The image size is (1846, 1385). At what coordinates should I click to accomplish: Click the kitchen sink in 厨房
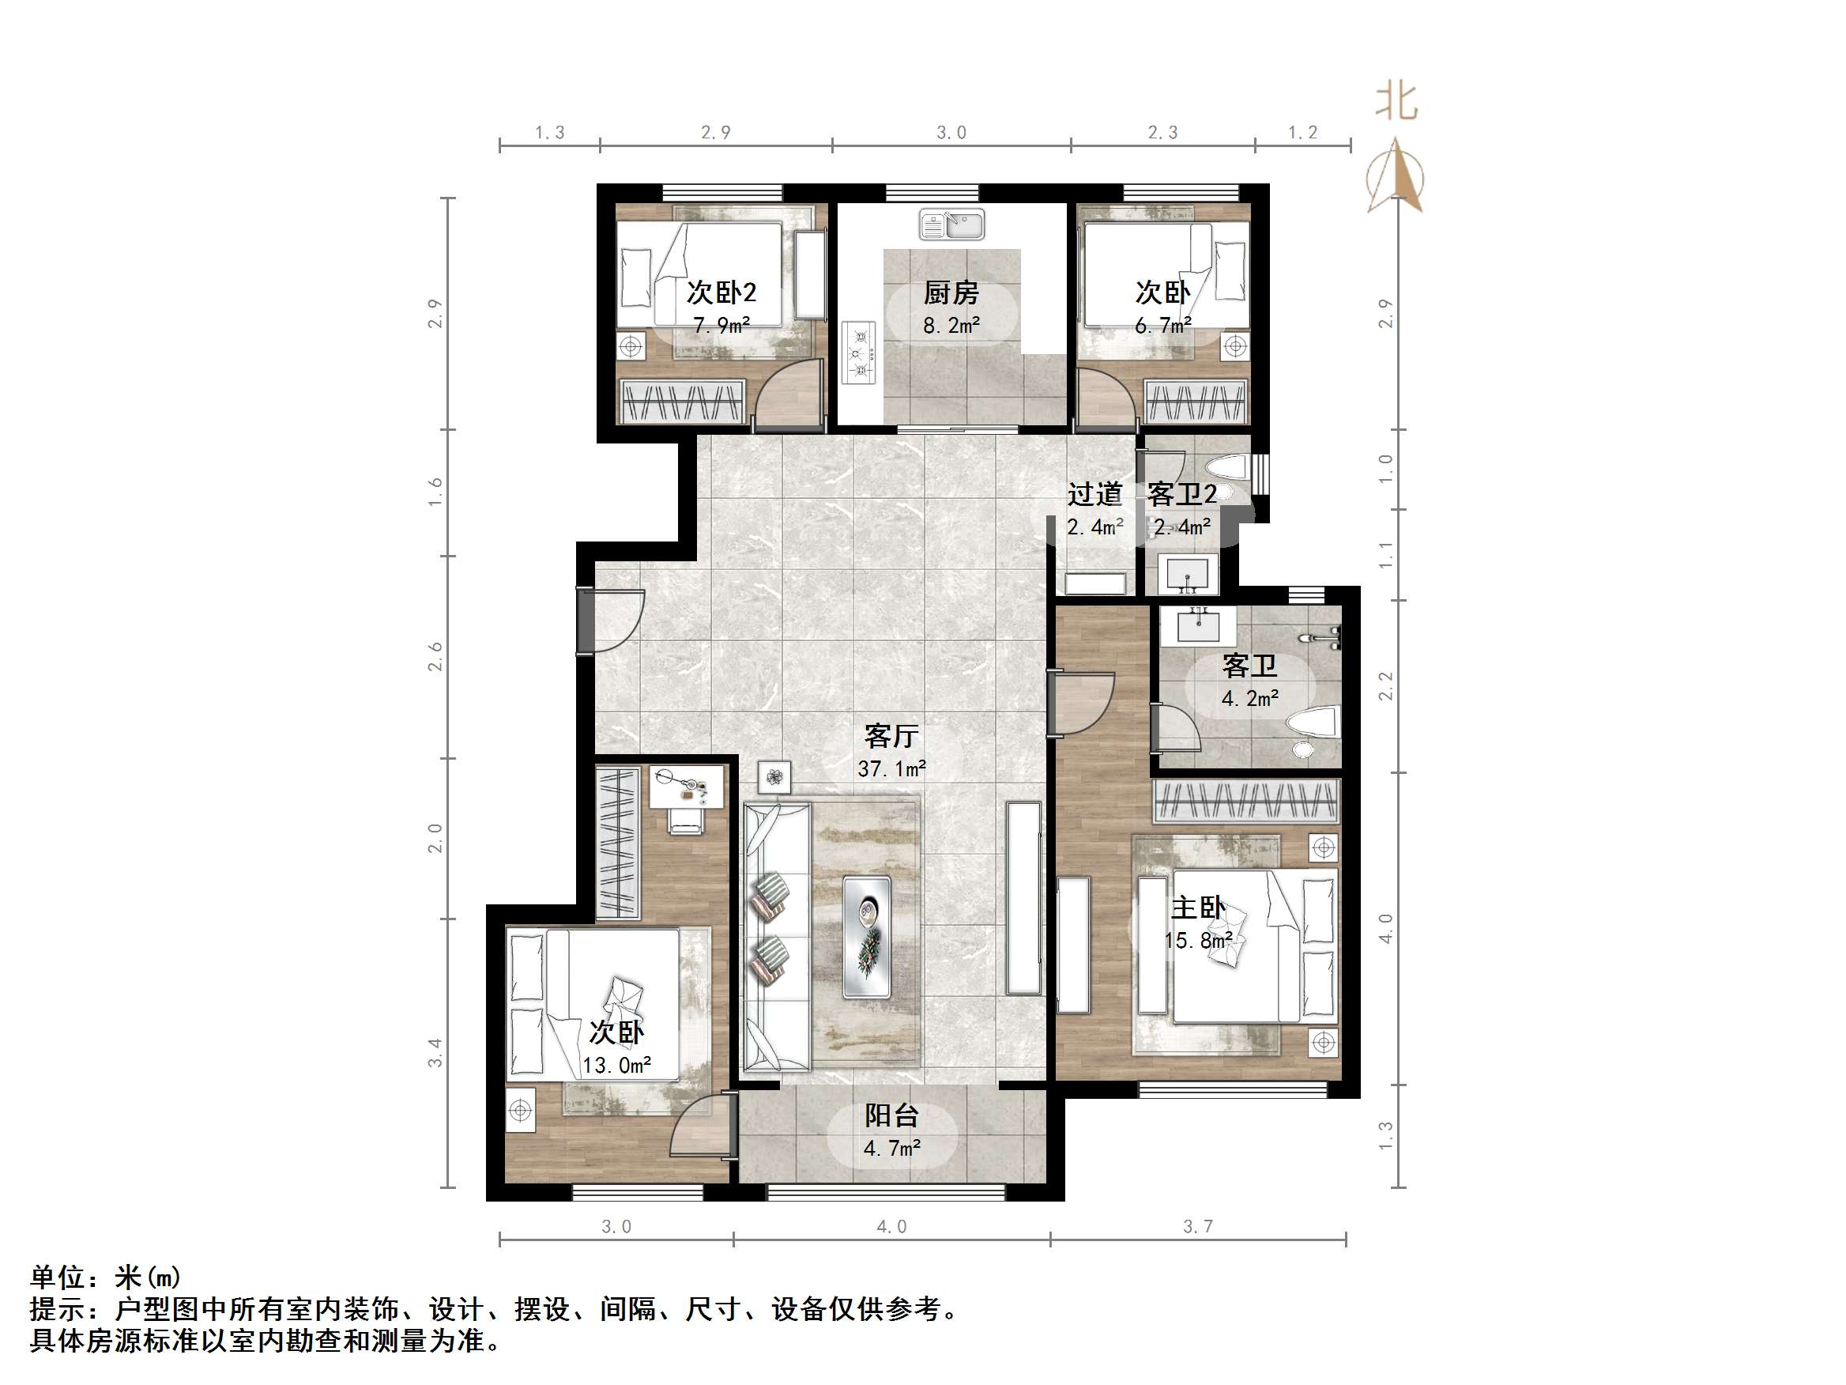click(x=951, y=225)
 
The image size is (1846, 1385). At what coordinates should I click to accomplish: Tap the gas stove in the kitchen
click(x=859, y=353)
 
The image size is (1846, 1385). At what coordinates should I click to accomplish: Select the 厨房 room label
click(x=951, y=293)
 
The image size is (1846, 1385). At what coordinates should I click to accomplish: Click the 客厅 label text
click(x=891, y=735)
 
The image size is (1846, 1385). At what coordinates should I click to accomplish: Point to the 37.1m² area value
click(x=891, y=768)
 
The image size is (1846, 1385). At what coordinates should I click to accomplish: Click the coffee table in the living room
click(x=866, y=936)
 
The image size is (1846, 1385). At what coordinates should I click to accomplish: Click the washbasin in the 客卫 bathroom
click(x=1198, y=625)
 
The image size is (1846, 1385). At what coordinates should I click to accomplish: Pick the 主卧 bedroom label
click(x=1197, y=908)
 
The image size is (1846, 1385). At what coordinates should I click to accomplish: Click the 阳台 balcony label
click(x=891, y=1115)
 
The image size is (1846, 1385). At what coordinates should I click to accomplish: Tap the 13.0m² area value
click(x=616, y=1066)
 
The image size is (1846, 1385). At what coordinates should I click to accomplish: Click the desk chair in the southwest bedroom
click(x=686, y=823)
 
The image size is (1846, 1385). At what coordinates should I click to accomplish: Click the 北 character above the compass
click(x=1396, y=102)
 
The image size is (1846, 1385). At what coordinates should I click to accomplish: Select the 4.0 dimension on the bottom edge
click(x=891, y=1226)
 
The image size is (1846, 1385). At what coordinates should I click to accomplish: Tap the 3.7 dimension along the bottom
click(x=1197, y=1226)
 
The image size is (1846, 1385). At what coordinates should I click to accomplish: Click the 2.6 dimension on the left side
click(x=435, y=656)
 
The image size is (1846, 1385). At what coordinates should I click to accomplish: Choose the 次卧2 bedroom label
click(x=721, y=293)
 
